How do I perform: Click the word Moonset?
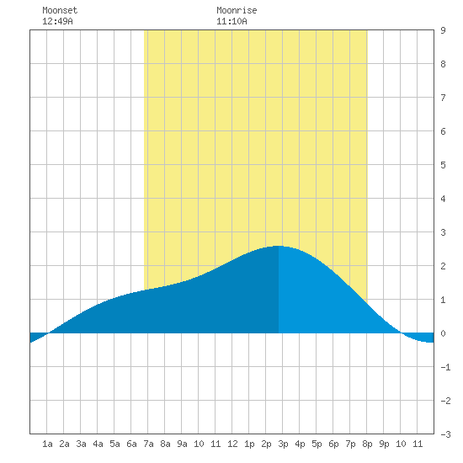(x=60, y=10)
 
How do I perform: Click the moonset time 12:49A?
(x=57, y=21)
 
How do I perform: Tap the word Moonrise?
(x=237, y=10)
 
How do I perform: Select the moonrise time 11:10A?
(x=231, y=21)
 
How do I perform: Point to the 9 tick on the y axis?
(x=443, y=30)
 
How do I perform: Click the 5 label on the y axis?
(x=443, y=165)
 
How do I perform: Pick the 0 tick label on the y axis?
(x=443, y=333)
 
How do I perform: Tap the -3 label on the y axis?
(x=445, y=434)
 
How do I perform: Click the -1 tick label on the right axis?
(x=445, y=367)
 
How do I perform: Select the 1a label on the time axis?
(x=47, y=444)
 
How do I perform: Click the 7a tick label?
(x=148, y=444)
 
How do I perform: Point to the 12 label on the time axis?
(x=232, y=444)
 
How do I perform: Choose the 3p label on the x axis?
(x=283, y=444)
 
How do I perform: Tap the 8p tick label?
(x=367, y=444)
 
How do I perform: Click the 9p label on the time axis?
(x=384, y=444)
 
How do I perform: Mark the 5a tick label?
(x=114, y=444)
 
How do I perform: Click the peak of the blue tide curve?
(x=279, y=246)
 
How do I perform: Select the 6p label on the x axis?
(x=333, y=444)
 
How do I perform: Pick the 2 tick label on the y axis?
(x=443, y=266)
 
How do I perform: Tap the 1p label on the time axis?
(x=249, y=444)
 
